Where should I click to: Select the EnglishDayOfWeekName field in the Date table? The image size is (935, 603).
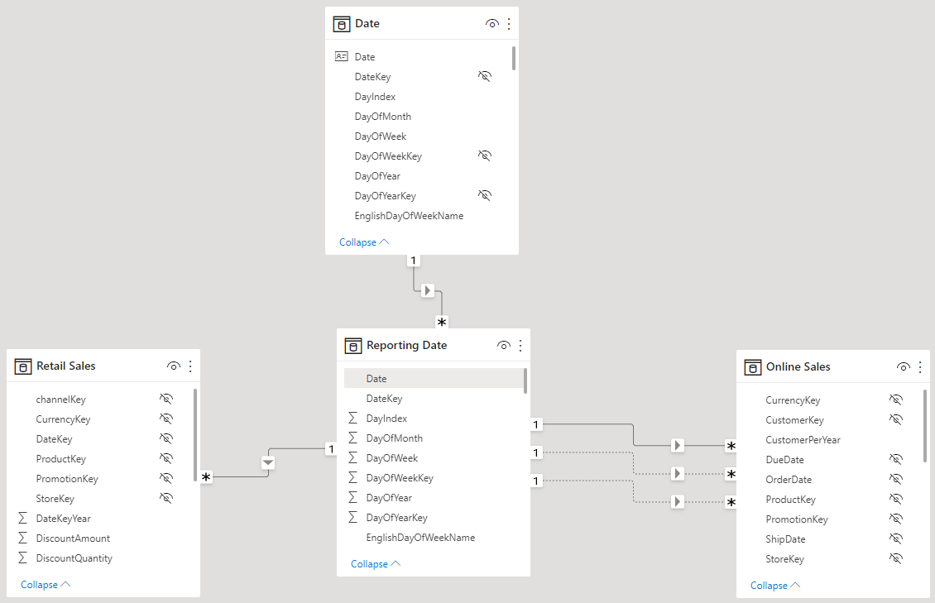409,216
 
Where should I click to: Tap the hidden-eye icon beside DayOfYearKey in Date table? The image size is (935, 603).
485,195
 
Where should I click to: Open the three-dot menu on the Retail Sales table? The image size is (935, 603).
190,366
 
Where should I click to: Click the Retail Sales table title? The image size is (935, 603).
65,366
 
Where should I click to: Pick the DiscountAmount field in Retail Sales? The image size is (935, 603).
73,538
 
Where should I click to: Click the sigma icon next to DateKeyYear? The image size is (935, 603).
22,518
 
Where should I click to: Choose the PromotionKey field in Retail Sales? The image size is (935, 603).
67,478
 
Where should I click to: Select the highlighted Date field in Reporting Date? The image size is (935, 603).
376,378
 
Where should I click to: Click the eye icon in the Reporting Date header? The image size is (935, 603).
503,346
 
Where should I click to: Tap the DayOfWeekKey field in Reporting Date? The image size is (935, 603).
400,478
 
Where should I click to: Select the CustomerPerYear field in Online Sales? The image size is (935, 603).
803,440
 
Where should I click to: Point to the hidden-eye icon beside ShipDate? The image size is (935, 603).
895,538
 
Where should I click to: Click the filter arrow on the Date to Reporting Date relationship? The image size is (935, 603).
428,291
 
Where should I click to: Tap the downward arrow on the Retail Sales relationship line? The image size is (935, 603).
268,462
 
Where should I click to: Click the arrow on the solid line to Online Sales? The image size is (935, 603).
678,445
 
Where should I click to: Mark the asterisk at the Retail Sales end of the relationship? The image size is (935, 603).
206,476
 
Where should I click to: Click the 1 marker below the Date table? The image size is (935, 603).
413,261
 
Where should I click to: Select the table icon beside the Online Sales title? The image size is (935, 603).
752,367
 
